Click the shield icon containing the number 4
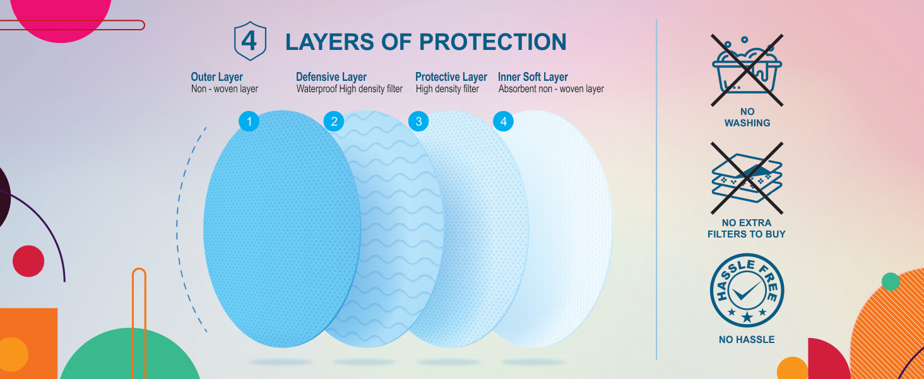point(250,41)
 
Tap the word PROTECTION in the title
point(493,42)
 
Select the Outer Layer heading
point(216,77)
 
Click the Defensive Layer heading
point(331,77)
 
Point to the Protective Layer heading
point(451,77)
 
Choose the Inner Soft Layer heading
point(533,77)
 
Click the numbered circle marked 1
point(249,121)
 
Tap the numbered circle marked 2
point(334,121)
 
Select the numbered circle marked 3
point(418,121)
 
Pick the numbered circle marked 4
point(503,121)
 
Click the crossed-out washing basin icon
point(747,70)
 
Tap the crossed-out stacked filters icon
point(747,178)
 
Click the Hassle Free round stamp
point(747,290)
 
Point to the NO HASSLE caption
point(747,340)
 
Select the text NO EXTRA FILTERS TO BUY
point(747,228)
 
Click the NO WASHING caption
point(747,117)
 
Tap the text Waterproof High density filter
point(350,89)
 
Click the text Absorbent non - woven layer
point(551,89)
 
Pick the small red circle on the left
point(28,261)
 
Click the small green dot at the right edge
point(890,282)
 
